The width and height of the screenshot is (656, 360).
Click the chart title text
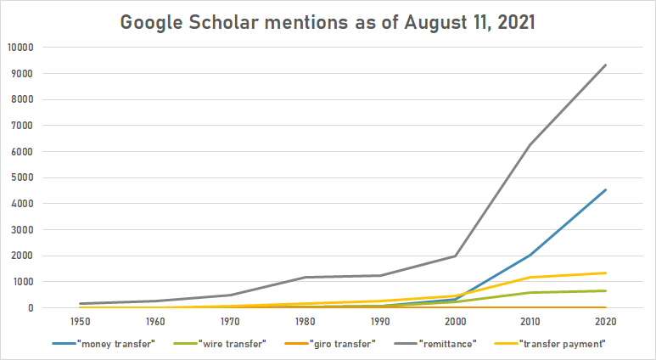[328, 22]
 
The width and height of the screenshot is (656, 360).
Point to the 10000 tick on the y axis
[20, 47]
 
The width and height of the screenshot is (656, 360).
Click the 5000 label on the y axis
[23, 177]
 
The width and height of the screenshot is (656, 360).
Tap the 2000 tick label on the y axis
[23, 256]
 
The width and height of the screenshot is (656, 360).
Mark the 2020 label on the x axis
[605, 323]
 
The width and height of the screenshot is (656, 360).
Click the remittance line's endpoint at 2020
[605, 65]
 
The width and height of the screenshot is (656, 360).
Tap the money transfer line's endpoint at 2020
[605, 189]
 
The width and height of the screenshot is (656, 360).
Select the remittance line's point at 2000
[456, 256]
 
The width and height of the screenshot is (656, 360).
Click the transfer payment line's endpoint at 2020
[605, 273]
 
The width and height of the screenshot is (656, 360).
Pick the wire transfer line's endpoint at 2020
[605, 290]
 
